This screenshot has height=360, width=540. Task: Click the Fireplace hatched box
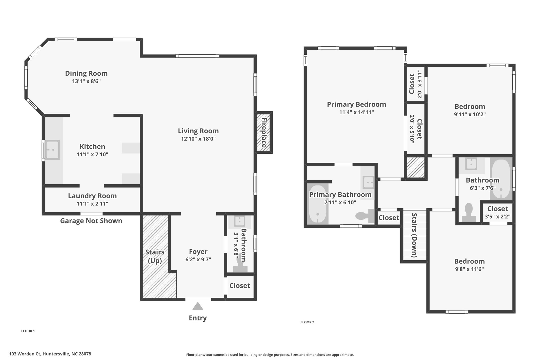point(264,132)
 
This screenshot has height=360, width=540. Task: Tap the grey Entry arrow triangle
point(197,306)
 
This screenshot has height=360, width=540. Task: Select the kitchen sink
point(53,150)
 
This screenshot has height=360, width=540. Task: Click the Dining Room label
point(86,73)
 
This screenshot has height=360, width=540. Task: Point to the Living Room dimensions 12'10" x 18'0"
point(198,139)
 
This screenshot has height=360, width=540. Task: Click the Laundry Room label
point(92,196)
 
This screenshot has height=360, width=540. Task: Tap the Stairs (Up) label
point(155,256)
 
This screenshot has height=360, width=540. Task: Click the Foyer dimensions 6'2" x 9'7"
point(198,260)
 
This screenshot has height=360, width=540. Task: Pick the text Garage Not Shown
point(91,221)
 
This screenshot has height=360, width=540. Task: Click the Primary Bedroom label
point(356,104)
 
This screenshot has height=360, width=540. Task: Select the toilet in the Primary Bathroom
point(365,216)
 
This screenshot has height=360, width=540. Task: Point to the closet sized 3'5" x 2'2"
point(497,213)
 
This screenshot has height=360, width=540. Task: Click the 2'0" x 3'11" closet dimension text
point(420,84)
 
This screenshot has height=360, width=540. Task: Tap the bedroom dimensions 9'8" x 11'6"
point(469,269)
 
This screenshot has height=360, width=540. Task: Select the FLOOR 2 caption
point(307,322)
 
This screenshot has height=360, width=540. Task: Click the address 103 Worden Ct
point(25,354)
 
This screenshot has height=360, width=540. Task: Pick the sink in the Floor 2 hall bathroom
point(471,164)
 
